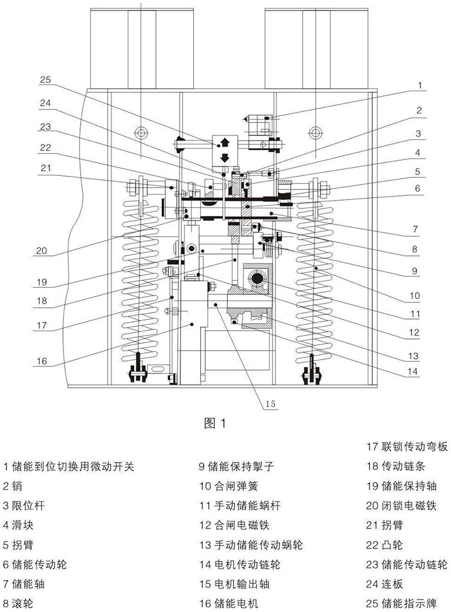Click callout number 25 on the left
pyautogui.click(x=45, y=79)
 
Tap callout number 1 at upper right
pyautogui.click(x=420, y=85)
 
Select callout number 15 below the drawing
pyautogui.click(x=271, y=404)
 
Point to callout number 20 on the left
pyautogui.click(x=41, y=251)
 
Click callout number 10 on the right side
pyautogui.click(x=414, y=296)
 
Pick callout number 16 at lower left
pyautogui.click(x=42, y=361)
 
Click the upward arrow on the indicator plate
pyautogui.click(x=224, y=142)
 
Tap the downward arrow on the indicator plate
pyautogui.click(x=224, y=158)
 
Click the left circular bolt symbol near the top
pyautogui.click(x=141, y=133)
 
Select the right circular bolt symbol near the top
pyautogui.click(x=316, y=133)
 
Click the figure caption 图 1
pyautogui.click(x=215, y=423)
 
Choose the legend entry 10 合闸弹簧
pyautogui.click(x=229, y=486)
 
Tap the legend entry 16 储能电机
pyautogui.click(x=229, y=603)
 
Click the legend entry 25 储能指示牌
pyautogui.click(x=402, y=603)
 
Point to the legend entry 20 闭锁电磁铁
pyautogui.click(x=402, y=506)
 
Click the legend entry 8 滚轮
pyautogui.click(x=18, y=603)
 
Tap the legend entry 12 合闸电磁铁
pyautogui.click(x=235, y=525)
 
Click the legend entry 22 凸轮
pyautogui.click(x=384, y=545)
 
